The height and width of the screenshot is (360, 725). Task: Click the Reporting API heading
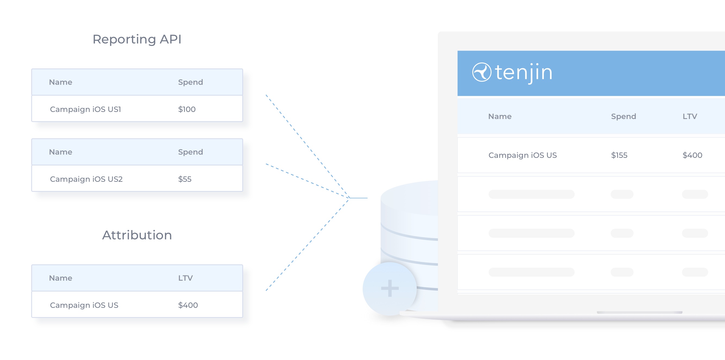click(137, 39)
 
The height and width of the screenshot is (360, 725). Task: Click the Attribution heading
click(137, 235)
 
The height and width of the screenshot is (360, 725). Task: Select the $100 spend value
click(187, 109)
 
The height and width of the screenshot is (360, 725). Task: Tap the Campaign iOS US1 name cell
click(86, 109)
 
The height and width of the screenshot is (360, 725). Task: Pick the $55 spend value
click(185, 179)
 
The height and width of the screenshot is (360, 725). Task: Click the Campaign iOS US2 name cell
click(86, 179)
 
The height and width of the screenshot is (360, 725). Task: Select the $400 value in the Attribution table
click(188, 305)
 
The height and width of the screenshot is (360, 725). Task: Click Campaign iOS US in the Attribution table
click(84, 305)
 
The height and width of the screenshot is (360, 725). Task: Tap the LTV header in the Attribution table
click(186, 278)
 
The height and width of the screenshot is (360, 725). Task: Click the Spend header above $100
click(190, 82)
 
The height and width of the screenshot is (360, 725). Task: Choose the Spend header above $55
click(190, 152)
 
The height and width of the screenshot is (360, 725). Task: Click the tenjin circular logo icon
click(482, 72)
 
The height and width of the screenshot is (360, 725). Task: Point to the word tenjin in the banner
click(524, 73)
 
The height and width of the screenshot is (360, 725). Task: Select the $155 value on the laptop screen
click(619, 155)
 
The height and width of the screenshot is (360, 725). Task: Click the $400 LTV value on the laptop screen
click(692, 155)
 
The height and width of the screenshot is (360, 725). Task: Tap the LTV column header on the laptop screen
click(690, 117)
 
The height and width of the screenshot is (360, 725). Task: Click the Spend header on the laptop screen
click(623, 117)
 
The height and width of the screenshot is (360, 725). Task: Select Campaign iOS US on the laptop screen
click(523, 155)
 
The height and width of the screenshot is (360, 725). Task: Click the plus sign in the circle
click(390, 288)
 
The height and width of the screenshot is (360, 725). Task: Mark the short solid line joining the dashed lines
click(358, 198)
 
